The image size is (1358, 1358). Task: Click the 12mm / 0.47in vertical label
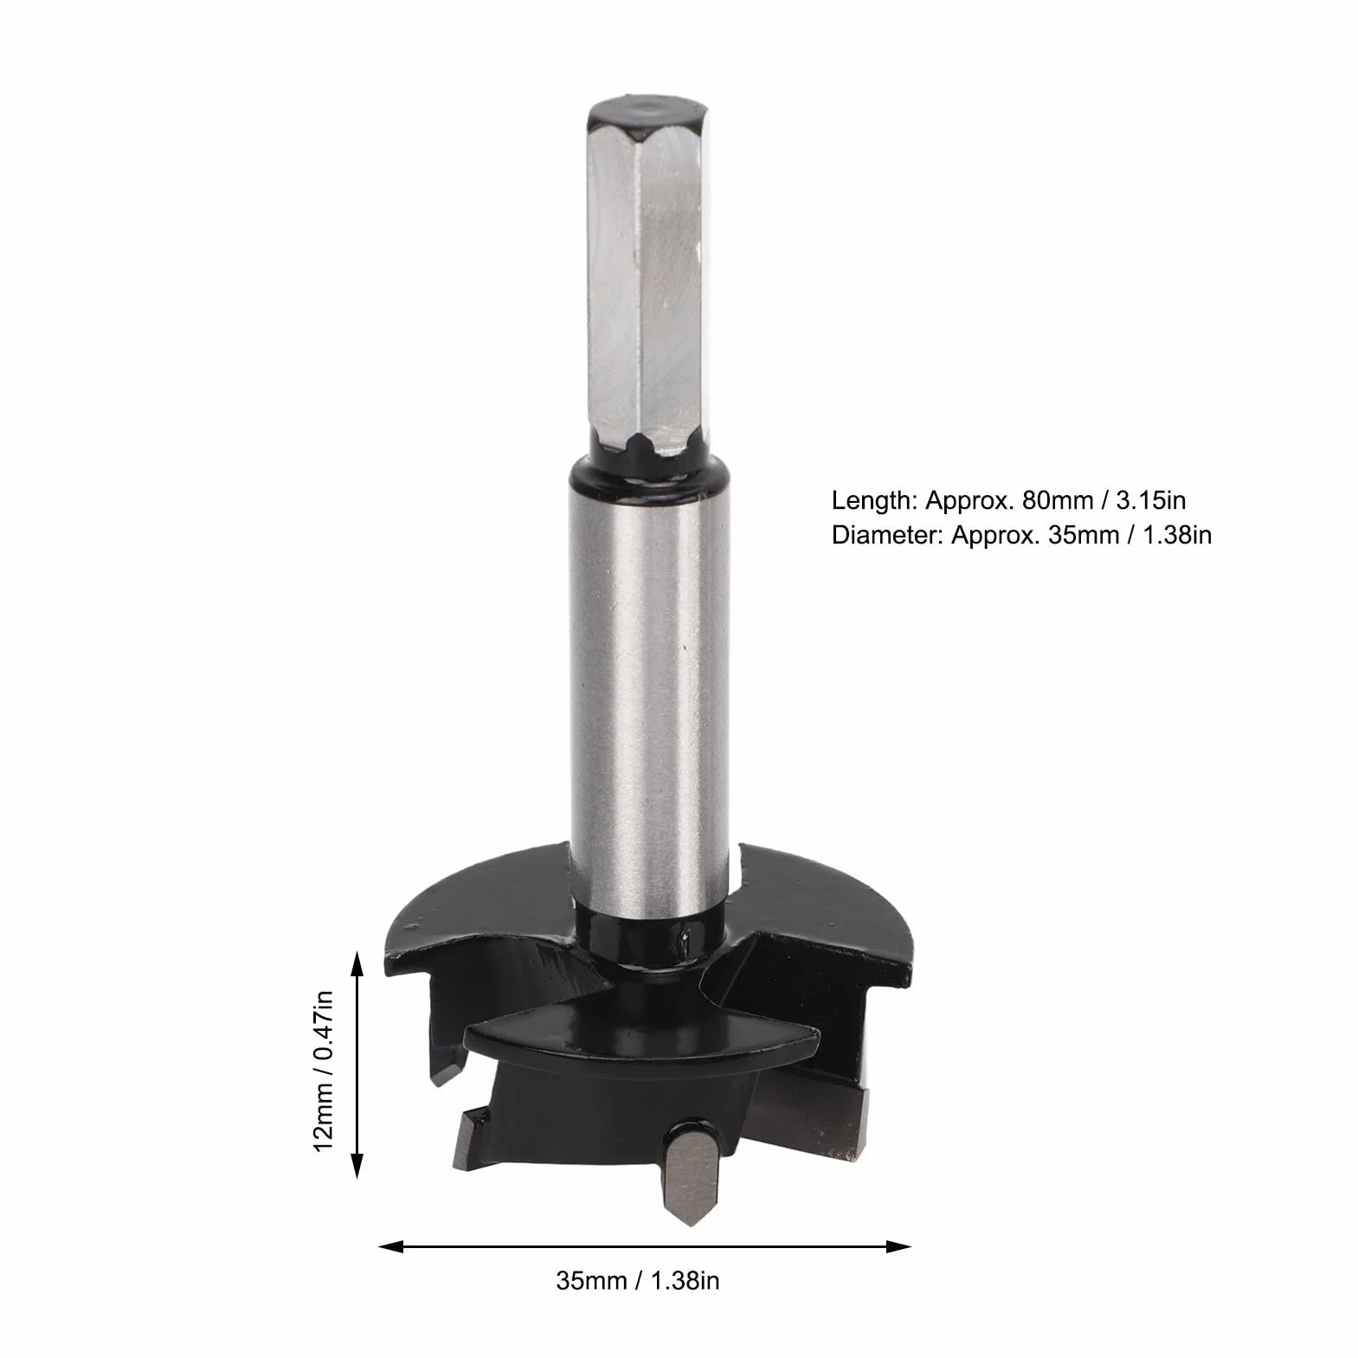pyautogui.click(x=323, y=1071)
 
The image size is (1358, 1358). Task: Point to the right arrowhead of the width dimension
pyautogui.click(x=899, y=1247)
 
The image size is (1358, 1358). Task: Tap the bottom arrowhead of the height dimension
pyautogui.click(x=355, y=1165)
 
